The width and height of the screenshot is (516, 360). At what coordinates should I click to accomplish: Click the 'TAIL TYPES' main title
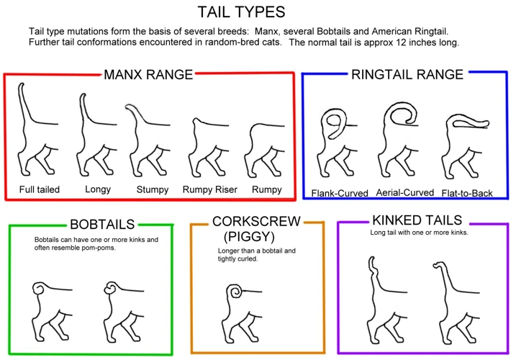241,12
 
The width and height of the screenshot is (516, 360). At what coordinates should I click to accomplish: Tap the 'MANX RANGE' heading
148,75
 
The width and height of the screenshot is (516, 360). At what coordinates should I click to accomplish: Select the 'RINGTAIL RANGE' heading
407,74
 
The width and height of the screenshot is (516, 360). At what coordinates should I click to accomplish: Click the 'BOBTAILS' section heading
102,225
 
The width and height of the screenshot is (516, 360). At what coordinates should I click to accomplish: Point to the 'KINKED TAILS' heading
417,220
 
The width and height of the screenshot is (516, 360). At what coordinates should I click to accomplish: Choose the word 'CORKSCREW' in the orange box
256,221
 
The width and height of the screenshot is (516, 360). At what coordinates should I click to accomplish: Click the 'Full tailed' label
40,189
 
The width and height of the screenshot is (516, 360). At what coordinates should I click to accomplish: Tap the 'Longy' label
98,189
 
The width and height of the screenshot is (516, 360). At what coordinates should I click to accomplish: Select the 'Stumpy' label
153,189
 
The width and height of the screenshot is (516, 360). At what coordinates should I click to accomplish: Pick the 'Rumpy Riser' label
210,189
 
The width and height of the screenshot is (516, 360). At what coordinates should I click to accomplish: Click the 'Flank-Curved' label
340,193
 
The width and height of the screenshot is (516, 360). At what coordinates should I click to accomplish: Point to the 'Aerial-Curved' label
404,192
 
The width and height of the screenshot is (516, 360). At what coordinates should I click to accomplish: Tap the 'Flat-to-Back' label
467,193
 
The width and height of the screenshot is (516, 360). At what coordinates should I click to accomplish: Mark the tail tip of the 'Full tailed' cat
22,84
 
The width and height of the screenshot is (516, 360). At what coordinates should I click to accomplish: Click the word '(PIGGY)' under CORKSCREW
249,236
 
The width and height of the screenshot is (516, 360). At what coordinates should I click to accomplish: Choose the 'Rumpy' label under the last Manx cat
267,189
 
